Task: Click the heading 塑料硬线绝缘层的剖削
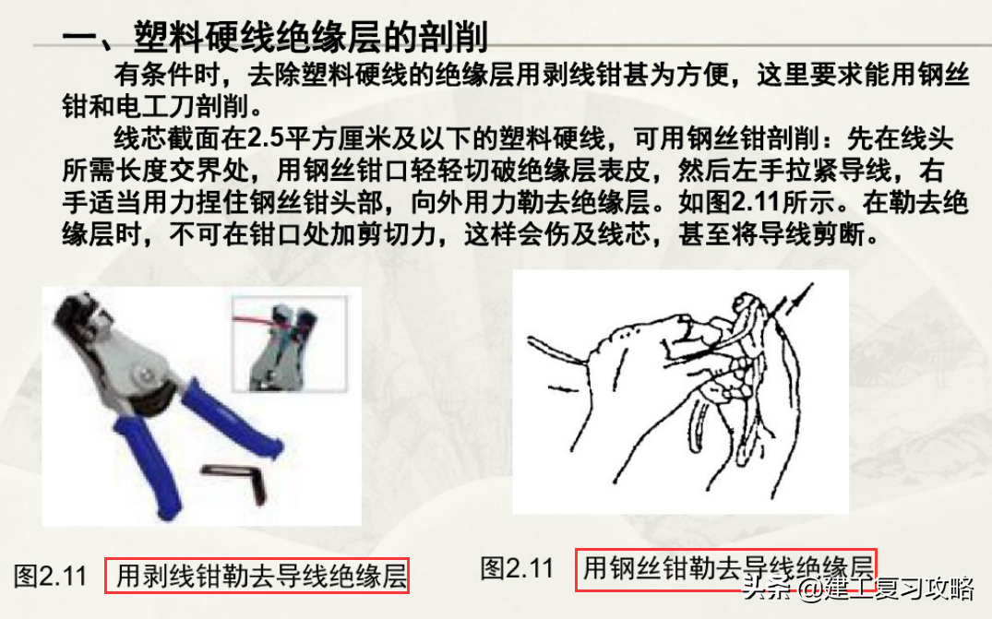click(311, 37)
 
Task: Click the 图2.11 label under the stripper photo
click(50, 576)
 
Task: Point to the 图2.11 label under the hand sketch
click(517, 567)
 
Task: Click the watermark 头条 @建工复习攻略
click(857, 589)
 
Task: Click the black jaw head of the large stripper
click(79, 319)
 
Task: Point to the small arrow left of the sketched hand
click(562, 387)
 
